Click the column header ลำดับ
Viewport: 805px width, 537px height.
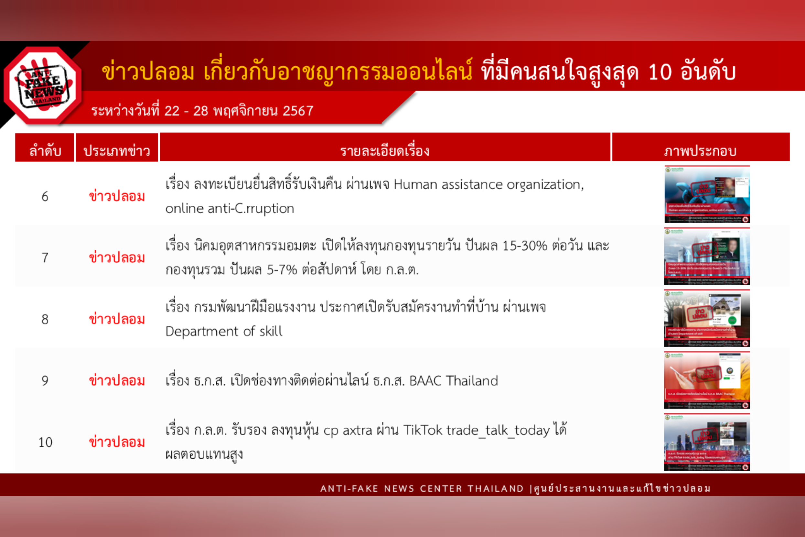click(45, 151)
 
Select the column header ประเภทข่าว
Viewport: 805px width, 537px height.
click(117, 151)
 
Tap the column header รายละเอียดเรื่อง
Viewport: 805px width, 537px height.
click(385, 151)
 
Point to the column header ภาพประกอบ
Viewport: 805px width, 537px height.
click(700, 151)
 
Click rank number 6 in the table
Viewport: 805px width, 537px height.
click(45, 197)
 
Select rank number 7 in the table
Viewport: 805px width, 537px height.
click(45, 258)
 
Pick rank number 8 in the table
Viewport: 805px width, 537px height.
click(45, 319)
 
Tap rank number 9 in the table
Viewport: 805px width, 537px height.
click(45, 380)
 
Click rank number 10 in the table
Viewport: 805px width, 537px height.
click(45, 442)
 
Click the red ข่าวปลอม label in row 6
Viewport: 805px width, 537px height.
click(117, 197)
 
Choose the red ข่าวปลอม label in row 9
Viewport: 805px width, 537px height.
click(117, 380)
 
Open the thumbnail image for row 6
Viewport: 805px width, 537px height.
click(707, 194)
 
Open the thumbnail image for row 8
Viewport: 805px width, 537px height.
click(707, 318)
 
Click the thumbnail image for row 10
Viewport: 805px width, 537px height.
click(707, 442)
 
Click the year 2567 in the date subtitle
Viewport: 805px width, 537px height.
click(298, 111)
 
